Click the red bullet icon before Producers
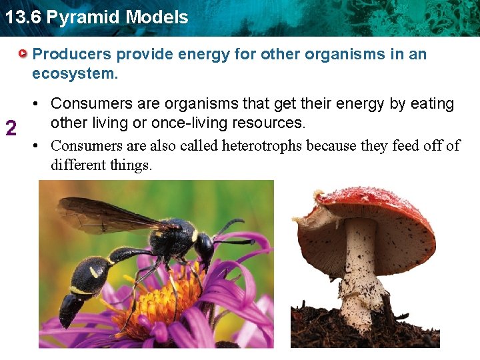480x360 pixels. [24, 53]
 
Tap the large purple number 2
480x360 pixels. [11, 127]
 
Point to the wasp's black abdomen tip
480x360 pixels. [70, 310]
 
